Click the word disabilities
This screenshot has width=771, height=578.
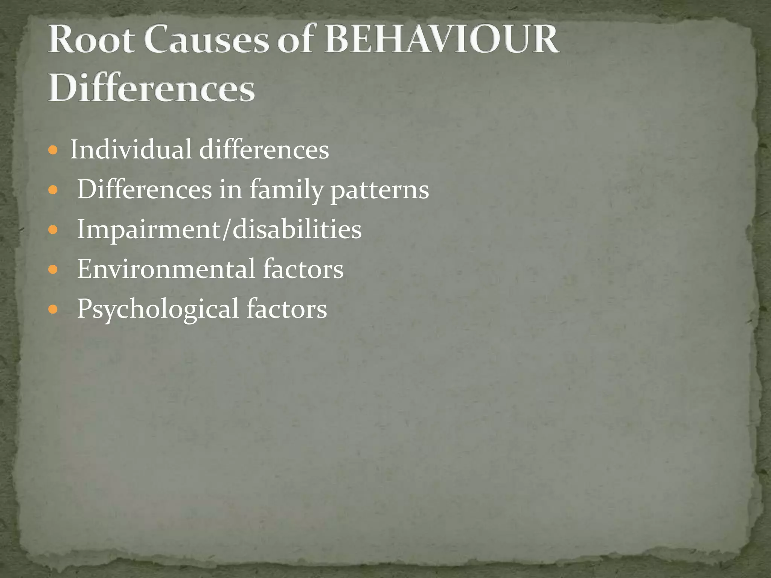pyautogui.click(x=297, y=229)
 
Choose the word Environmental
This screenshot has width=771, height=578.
pyautogui.click(x=166, y=269)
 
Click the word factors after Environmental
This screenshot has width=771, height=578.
pyautogui.click(x=303, y=269)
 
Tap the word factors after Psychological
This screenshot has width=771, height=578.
pyautogui.click(x=286, y=309)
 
